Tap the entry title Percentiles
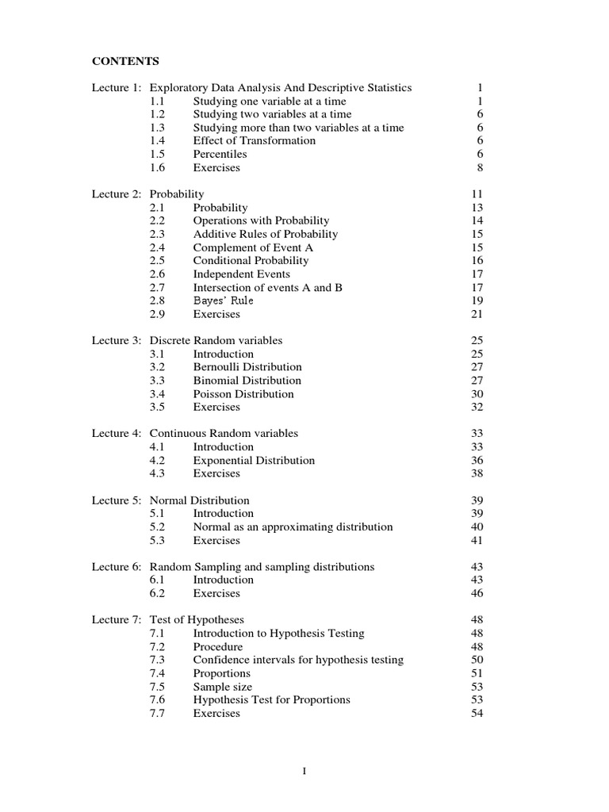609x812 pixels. pyautogui.click(x=220, y=155)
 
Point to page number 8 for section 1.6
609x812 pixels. pyautogui.click(x=480, y=168)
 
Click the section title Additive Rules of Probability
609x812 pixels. pyautogui.click(x=265, y=235)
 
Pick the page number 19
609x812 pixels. pyautogui.click(x=477, y=301)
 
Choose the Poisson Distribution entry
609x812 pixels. pyautogui.click(x=243, y=394)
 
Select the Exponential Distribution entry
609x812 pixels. pyautogui.click(x=253, y=461)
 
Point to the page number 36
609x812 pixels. pyautogui.click(x=477, y=461)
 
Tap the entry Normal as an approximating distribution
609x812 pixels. pyautogui.click(x=293, y=527)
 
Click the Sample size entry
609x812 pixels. pyautogui.click(x=222, y=687)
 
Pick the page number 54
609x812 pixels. pyautogui.click(x=477, y=714)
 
